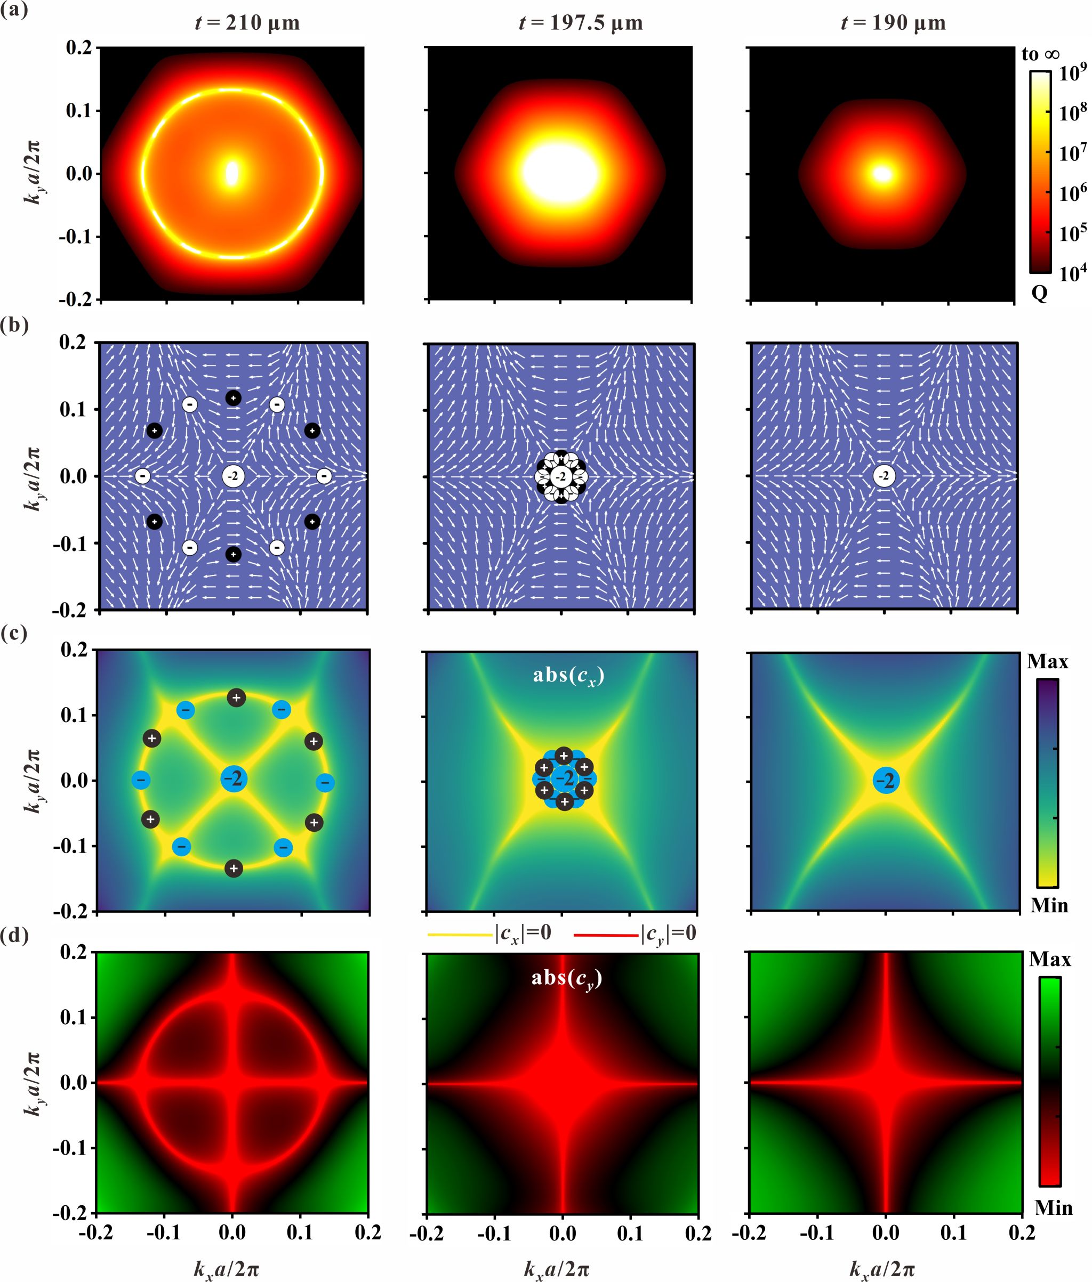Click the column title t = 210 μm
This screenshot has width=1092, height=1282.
[x=247, y=23]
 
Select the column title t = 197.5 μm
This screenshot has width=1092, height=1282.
[x=581, y=23]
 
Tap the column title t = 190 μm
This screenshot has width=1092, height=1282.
[x=893, y=23]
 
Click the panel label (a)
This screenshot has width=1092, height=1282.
[x=14, y=10]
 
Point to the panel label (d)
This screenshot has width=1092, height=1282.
[x=15, y=936]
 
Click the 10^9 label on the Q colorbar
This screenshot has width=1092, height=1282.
[x=1072, y=74]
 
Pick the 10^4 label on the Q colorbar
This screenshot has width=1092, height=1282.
[x=1072, y=273]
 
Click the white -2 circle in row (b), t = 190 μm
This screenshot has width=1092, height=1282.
[x=884, y=476]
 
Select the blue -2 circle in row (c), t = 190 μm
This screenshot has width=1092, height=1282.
[x=887, y=781]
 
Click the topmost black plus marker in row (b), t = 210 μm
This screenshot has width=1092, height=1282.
[x=234, y=398]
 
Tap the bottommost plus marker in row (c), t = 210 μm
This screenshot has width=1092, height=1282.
[x=234, y=869]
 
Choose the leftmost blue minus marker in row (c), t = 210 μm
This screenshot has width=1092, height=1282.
[x=141, y=780]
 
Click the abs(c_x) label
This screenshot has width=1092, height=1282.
[x=568, y=675]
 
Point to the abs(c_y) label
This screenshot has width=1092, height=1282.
[x=566, y=978]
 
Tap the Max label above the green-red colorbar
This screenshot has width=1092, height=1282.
[x=1050, y=960]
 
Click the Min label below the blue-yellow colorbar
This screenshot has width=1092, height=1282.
[x=1049, y=906]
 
